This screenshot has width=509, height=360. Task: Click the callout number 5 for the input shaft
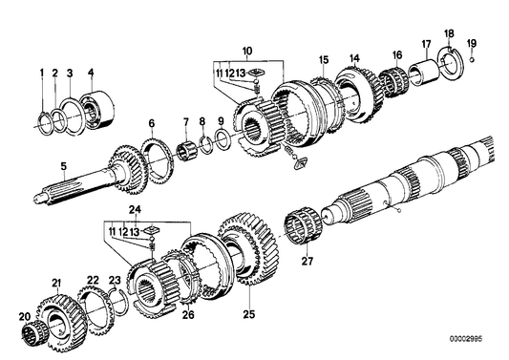click(x=63, y=167)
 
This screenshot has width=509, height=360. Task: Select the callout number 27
click(x=308, y=261)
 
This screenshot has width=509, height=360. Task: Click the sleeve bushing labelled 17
click(x=425, y=73)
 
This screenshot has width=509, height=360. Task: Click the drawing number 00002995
click(x=466, y=339)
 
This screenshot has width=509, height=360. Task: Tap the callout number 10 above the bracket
click(x=246, y=51)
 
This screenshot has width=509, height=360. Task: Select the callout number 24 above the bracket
click(x=135, y=210)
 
